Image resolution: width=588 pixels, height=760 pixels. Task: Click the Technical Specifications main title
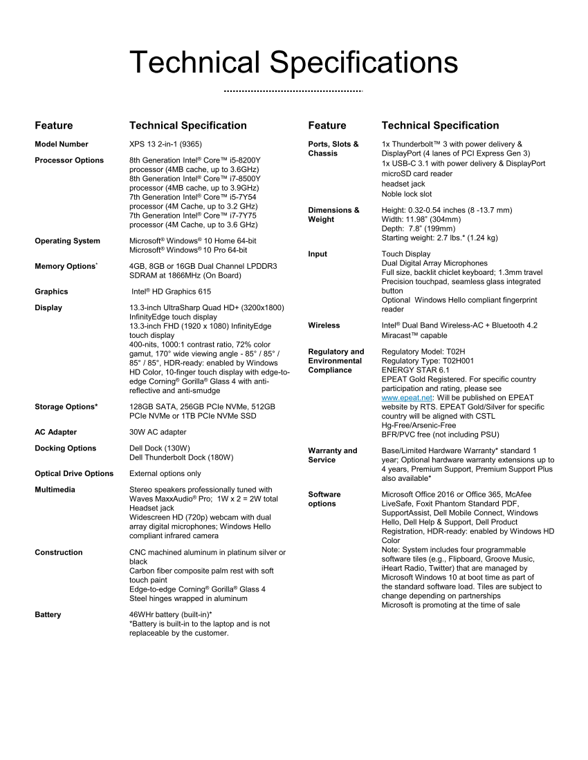293,62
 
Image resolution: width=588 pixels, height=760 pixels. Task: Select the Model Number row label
62,144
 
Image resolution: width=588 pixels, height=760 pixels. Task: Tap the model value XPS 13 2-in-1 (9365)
165,144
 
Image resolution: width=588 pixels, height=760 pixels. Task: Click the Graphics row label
51,292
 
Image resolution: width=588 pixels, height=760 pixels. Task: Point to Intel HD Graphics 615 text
172,292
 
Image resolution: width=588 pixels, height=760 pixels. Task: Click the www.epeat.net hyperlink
407,398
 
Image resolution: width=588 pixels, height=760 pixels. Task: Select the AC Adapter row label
55,433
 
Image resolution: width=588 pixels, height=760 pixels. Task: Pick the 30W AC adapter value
158,433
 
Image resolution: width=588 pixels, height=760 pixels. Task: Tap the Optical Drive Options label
74,474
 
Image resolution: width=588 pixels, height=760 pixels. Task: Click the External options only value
165,474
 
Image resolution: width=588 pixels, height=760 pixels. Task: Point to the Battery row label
48,615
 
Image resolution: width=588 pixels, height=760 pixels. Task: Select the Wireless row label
324,325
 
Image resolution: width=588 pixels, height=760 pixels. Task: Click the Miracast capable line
414,336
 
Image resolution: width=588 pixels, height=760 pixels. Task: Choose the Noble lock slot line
407,194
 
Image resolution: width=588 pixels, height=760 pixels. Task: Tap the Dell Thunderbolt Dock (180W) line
181,457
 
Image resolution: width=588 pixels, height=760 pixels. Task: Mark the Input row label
318,254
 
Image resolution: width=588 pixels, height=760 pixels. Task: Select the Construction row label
59,553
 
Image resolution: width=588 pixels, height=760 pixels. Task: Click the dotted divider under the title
293,91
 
